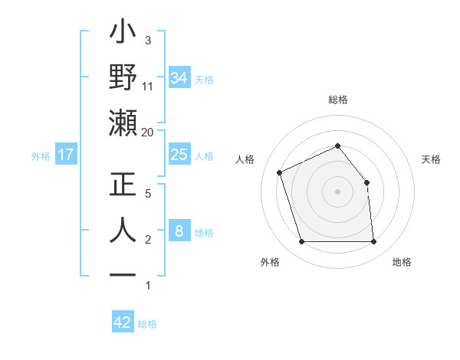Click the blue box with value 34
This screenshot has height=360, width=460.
pos(179,77)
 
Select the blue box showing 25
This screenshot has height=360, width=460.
pos(179,155)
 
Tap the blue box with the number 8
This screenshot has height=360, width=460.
pos(179,231)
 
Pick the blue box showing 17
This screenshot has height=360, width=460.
pos(66,155)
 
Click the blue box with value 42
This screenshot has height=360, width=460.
pos(123,322)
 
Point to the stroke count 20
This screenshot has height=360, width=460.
pos(147,132)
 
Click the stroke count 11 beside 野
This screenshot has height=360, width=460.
pos(147,86)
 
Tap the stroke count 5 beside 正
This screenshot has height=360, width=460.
pos(147,194)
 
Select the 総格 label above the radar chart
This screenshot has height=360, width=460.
pos(337,100)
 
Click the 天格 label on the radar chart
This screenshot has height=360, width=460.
pos(432,159)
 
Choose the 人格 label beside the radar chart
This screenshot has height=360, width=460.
pos(245,159)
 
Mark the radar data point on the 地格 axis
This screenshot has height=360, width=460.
pos(374,242)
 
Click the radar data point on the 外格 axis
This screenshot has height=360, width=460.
pos(301,242)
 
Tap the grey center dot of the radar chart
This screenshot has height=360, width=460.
pos(337,191)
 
